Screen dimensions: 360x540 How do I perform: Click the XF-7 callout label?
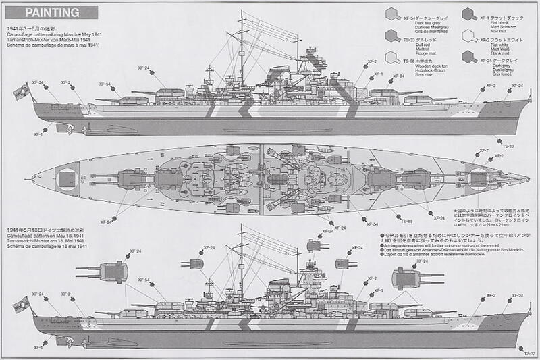click(x=483, y=149)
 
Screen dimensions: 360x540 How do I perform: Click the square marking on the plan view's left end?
click(x=67, y=178)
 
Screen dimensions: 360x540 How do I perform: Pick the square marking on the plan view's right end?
click(x=479, y=178)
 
